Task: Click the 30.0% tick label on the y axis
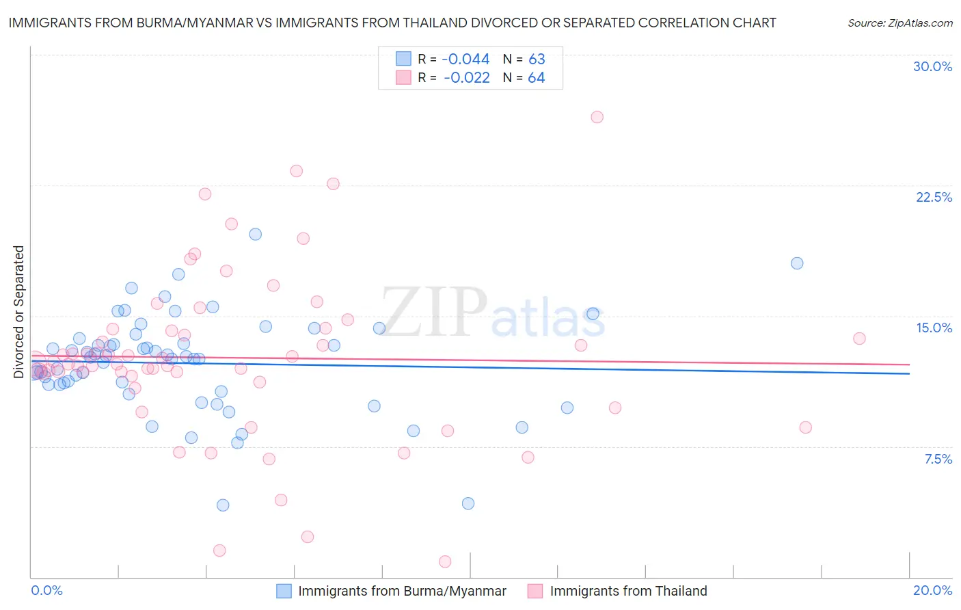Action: (932, 66)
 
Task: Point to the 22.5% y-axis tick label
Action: (934, 197)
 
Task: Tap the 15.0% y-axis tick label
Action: (934, 328)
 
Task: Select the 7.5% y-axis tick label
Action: (938, 459)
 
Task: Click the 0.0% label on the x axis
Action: (46, 590)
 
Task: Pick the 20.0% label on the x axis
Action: (932, 590)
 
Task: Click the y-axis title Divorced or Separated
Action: (18, 312)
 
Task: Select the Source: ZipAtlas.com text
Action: (899, 23)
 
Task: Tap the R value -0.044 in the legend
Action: (465, 59)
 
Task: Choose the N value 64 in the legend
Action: (536, 77)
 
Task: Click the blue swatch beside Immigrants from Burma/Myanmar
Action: (284, 591)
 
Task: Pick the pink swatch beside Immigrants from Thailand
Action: (535, 591)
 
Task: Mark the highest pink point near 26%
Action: (597, 117)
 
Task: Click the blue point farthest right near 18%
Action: (797, 263)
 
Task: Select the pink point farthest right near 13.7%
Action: (859, 339)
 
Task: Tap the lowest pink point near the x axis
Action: (445, 561)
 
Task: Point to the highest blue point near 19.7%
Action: (255, 234)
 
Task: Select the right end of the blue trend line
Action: (910, 373)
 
